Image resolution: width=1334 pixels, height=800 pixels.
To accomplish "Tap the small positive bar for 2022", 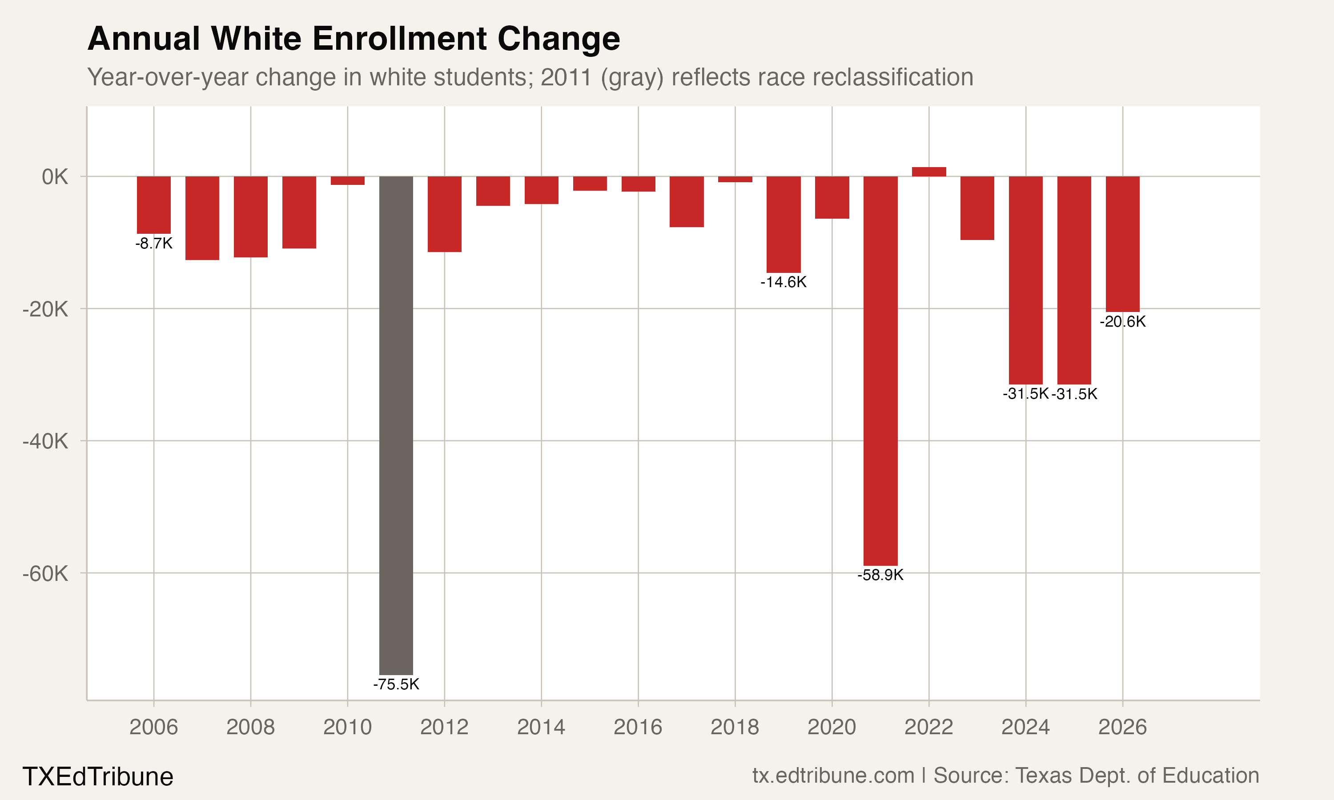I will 928,172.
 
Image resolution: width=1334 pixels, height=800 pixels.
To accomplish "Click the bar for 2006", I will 154,205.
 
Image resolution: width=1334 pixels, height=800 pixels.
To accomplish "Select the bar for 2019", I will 784,224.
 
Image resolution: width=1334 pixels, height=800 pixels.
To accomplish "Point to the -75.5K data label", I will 396,684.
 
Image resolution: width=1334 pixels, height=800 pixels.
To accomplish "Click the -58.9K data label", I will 880,575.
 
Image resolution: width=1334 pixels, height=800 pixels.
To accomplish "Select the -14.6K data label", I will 784,282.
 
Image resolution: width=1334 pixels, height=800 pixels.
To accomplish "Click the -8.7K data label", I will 154,244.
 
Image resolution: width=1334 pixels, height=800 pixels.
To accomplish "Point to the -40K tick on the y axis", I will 45,441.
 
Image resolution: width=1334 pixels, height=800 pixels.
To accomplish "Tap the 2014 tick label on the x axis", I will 541,727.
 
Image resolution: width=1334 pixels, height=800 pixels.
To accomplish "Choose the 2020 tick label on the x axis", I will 832,727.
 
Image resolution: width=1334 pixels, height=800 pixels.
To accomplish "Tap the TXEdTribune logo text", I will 97,777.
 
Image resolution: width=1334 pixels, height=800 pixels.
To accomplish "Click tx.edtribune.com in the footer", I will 833,776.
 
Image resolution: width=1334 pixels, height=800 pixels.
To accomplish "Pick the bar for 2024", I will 1025,280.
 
